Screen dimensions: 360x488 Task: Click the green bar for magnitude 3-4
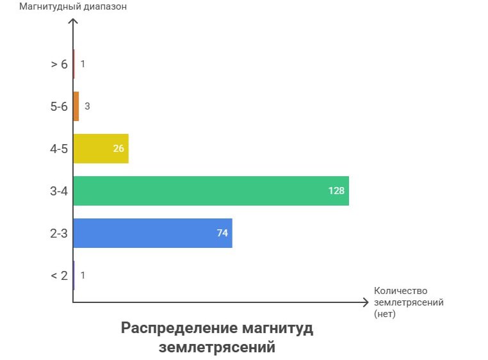[x=211, y=191]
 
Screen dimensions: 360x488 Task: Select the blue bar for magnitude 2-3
[x=152, y=233]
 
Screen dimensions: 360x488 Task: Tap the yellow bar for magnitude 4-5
[x=101, y=149]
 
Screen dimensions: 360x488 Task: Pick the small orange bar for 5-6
[x=76, y=106]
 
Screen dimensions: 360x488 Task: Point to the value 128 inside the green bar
[x=336, y=191]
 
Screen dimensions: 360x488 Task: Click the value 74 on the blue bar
[x=222, y=233]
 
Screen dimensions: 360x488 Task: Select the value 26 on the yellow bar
[x=118, y=149]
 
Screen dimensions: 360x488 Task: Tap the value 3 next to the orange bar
[x=87, y=106]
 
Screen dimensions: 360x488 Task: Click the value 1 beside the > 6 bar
[x=83, y=64]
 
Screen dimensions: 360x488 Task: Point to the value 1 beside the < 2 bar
[x=83, y=275]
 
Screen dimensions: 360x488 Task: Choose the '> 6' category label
[x=59, y=64]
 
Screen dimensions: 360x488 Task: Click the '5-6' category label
[x=59, y=106]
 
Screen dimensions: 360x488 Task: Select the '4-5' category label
[x=59, y=149]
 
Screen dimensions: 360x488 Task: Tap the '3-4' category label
[x=59, y=191]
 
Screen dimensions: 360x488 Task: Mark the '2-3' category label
[x=59, y=233]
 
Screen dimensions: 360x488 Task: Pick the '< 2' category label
[x=59, y=275]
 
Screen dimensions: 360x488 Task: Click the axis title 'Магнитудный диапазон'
[x=73, y=8]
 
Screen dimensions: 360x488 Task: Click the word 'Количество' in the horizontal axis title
[x=400, y=291]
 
